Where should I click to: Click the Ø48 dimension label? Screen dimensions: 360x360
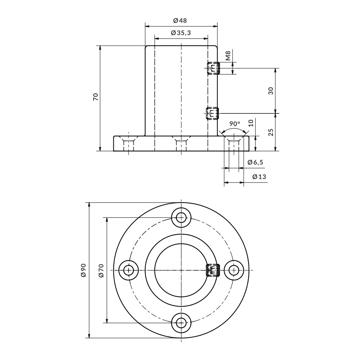tap(180, 21)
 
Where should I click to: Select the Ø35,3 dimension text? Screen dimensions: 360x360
tap(181, 33)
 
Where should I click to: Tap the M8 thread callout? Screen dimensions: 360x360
tap(228, 55)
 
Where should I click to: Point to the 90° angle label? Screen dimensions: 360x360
tap(235, 124)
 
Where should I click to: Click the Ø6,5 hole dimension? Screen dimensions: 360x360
tap(255, 162)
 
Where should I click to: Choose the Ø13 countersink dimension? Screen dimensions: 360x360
tap(259, 176)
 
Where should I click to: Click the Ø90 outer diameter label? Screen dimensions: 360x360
tap(83, 270)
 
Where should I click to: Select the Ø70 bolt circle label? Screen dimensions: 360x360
tap(101, 270)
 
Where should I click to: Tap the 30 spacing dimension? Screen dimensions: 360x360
tap(271, 91)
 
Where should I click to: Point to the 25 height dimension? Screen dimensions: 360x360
tap(271, 132)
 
